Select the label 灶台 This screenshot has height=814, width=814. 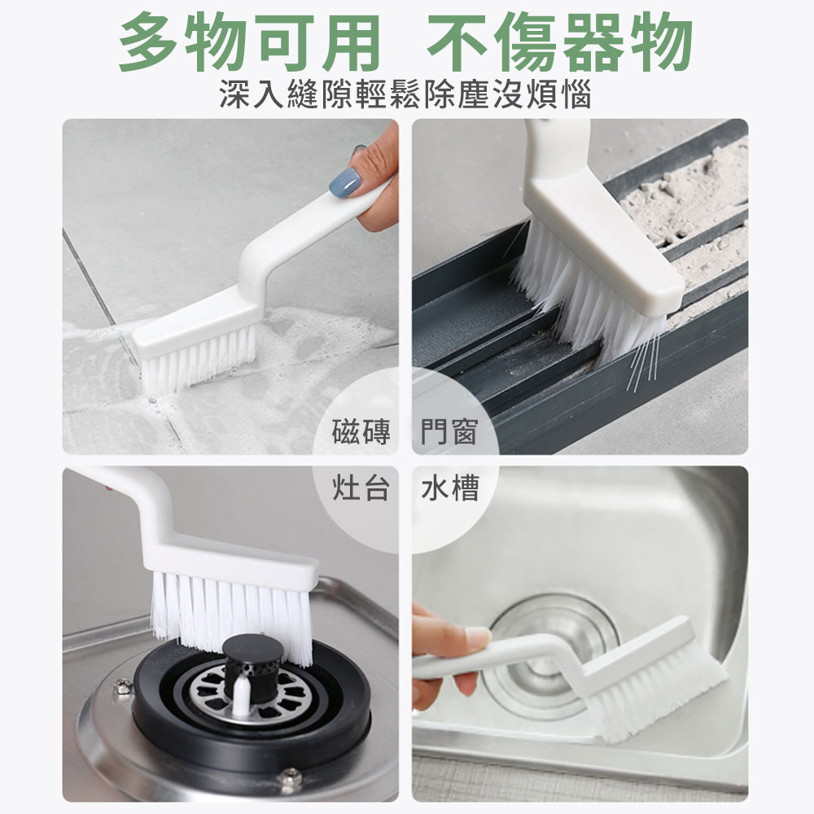[361, 488]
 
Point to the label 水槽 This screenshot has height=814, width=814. [449, 488]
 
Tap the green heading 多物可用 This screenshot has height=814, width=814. [249, 42]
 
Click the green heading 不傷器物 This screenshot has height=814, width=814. [561, 42]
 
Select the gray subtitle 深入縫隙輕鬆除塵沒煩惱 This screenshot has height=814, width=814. [405, 95]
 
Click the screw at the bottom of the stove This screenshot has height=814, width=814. [291, 778]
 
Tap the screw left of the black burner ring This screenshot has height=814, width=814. [123, 685]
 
